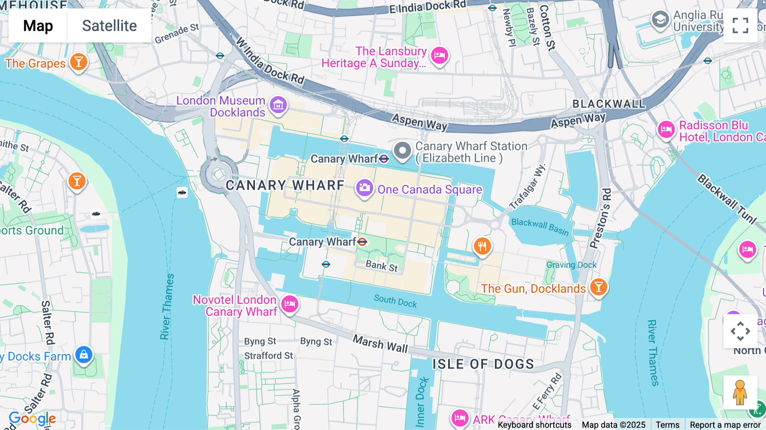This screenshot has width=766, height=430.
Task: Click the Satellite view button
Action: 109,26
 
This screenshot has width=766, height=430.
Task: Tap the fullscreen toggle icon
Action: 740,26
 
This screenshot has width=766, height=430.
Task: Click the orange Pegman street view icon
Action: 740,393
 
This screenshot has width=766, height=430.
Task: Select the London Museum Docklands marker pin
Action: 278,104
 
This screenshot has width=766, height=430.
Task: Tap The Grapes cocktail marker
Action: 78,62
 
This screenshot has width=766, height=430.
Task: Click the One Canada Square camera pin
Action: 364,187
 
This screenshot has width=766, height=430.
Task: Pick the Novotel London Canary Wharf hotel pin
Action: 290,304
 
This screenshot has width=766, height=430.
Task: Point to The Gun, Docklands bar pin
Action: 598,287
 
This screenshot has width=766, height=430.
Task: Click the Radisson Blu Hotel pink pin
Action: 666,129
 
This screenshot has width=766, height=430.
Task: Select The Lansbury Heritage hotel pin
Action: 439,55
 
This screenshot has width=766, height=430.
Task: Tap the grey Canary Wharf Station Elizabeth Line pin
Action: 402,151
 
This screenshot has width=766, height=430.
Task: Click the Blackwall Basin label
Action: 540,226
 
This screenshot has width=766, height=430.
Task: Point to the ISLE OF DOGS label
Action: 483,364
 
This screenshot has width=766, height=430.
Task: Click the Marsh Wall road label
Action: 380,344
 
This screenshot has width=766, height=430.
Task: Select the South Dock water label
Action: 395,301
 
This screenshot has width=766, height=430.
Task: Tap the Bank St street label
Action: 382,266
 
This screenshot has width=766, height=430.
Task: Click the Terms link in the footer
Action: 667,424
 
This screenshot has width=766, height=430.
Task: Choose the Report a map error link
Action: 725,424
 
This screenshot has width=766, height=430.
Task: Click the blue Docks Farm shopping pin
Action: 84,355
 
